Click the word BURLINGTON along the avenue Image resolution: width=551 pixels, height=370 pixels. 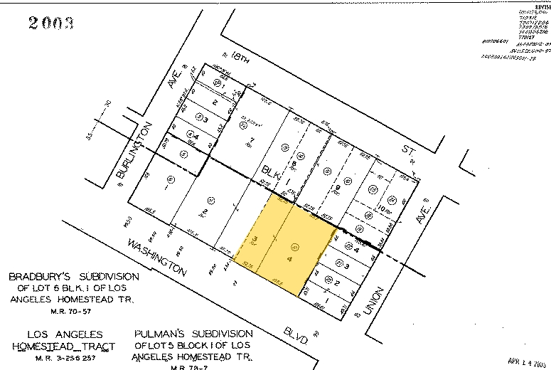coord(133,152)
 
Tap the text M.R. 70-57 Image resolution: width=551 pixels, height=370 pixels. coord(68,311)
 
